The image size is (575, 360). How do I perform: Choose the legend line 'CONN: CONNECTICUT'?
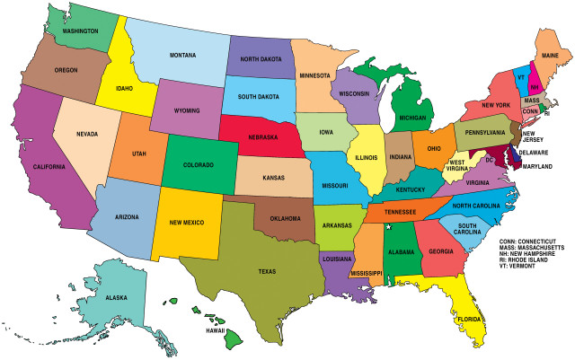coord(535,242)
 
